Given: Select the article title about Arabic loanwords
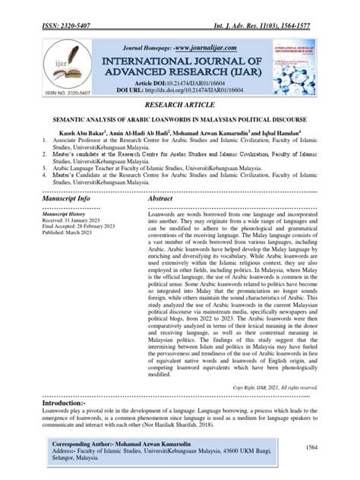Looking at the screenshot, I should (x=180, y=118).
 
